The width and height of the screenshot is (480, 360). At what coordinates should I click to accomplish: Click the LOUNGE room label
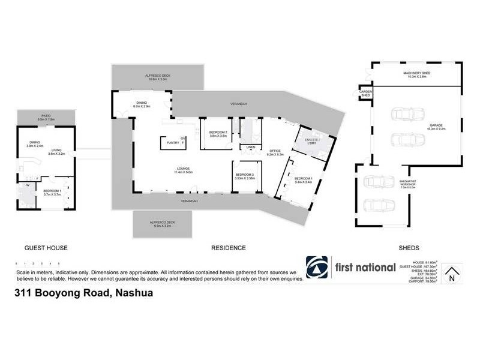click(x=183, y=168)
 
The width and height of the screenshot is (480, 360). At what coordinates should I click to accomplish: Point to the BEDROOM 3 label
click(x=245, y=174)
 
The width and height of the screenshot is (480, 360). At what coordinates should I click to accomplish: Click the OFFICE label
click(x=275, y=150)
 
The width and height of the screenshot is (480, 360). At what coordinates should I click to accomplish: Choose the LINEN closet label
click(x=249, y=147)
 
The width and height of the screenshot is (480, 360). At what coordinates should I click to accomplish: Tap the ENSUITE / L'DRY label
click(x=310, y=142)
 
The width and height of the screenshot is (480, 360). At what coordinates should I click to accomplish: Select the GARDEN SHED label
click(x=365, y=93)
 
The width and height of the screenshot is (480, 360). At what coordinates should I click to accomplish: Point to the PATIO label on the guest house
click(x=46, y=116)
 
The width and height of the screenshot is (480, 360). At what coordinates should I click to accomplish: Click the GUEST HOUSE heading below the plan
click(x=46, y=248)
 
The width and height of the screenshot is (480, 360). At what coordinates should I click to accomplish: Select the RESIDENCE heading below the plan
click(x=228, y=248)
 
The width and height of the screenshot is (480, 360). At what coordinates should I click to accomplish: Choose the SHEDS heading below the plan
click(x=408, y=248)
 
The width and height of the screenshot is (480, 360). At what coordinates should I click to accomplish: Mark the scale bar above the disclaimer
click(x=37, y=263)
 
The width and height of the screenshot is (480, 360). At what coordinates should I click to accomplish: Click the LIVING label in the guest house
click(x=57, y=151)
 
